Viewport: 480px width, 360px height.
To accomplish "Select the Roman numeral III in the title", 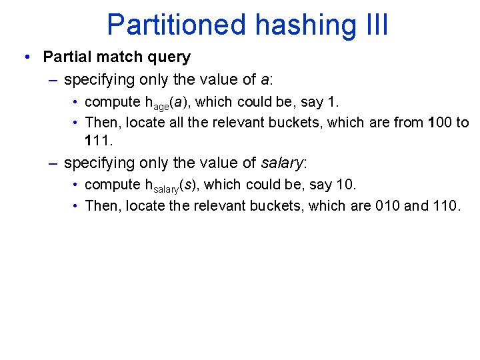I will (373, 25).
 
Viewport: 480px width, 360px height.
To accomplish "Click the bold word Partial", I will (67, 57).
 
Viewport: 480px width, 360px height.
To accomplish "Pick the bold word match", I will (121, 57).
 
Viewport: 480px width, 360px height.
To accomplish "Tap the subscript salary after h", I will (165, 188).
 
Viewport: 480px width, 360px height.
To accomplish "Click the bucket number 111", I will (97, 141).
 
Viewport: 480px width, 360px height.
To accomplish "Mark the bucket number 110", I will (444, 205).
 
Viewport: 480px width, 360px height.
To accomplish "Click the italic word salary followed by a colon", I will (281, 163).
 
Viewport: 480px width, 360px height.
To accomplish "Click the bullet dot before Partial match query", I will (25, 57).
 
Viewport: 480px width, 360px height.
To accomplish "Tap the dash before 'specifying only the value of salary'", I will (53, 163).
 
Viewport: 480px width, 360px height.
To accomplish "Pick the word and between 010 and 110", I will (416, 205).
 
